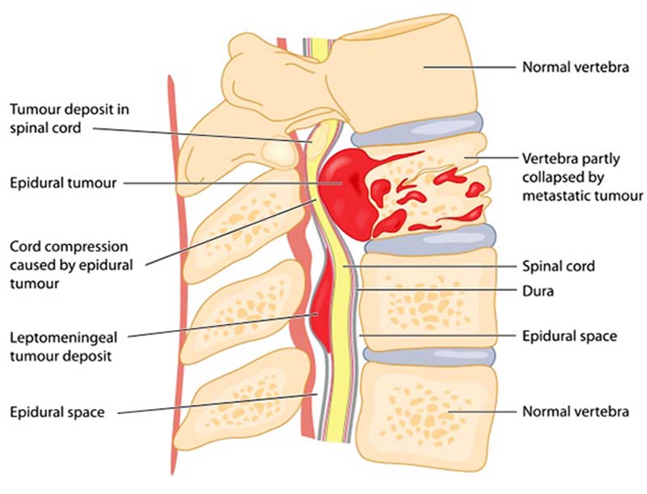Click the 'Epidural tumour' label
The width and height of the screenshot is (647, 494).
tap(63, 183)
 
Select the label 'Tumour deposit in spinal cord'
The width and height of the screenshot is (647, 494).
tap(70, 118)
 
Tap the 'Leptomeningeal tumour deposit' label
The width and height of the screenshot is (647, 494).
tap(64, 346)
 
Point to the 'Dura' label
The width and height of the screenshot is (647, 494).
tap(538, 291)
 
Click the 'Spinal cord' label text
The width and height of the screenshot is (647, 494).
tap(558, 266)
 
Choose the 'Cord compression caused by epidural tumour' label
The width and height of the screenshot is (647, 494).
tap(71, 265)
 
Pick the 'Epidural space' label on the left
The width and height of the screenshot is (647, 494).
tap(57, 412)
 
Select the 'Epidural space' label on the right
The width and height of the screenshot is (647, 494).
tap(569, 336)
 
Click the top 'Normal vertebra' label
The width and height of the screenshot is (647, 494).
tap(576, 67)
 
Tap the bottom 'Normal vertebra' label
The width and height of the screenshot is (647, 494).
tap(576, 411)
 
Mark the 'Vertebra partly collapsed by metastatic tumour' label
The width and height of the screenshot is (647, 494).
tap(582, 177)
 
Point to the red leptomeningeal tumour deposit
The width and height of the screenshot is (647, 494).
tap(320, 301)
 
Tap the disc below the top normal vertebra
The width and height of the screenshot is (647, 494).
tap(417, 129)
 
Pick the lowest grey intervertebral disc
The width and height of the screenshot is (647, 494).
tap(429, 356)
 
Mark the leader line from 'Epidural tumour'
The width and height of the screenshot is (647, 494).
tap(233, 183)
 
